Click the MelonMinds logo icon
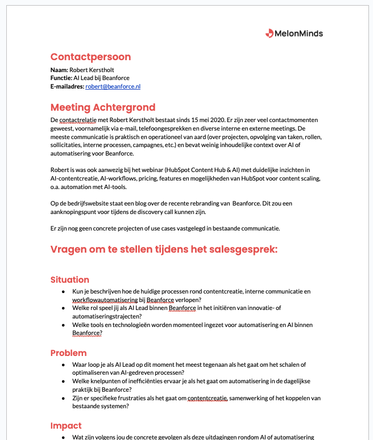(x=270, y=33)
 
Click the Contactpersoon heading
(x=90, y=57)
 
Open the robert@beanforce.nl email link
(x=113, y=86)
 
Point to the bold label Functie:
(x=61, y=78)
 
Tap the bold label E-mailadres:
(x=67, y=86)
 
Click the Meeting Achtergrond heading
(x=102, y=107)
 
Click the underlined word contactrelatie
(x=79, y=120)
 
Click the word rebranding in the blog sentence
(x=208, y=203)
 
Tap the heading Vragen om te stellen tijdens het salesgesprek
(x=164, y=249)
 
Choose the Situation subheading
(x=70, y=279)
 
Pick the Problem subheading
(x=68, y=353)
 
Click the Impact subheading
(x=66, y=426)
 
